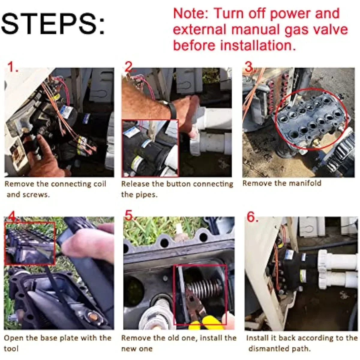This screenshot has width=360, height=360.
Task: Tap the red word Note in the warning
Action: click(x=190, y=13)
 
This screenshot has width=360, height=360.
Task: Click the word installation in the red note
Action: click(x=257, y=45)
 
